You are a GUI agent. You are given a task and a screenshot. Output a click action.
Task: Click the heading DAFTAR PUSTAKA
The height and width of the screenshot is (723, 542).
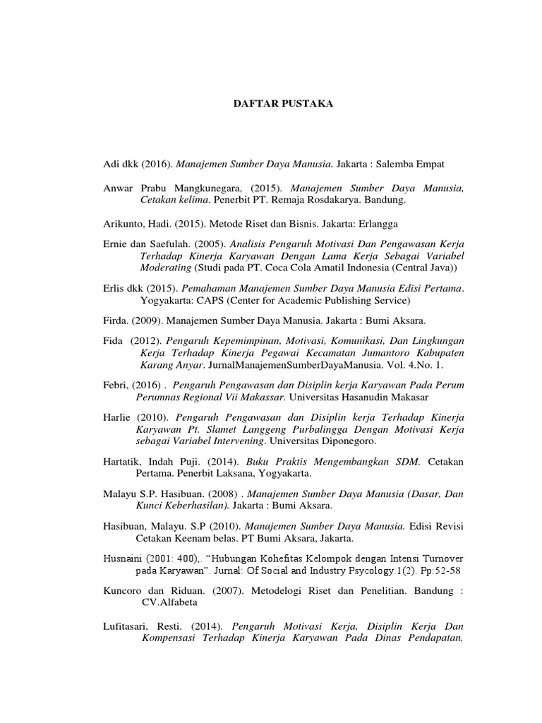click(273, 104)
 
